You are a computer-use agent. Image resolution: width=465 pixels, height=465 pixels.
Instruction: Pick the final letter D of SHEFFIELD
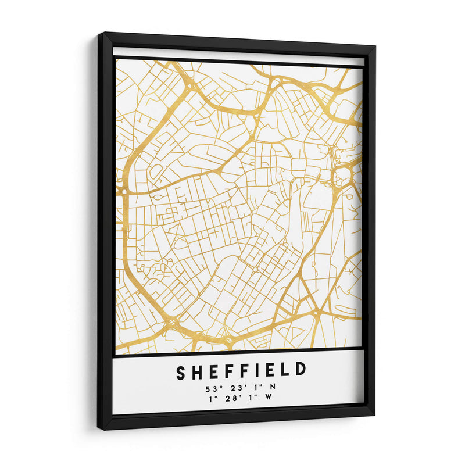point(300,370)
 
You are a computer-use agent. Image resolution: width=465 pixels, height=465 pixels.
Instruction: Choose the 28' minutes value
point(230,398)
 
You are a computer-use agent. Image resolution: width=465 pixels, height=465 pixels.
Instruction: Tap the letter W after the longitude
point(269,398)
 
